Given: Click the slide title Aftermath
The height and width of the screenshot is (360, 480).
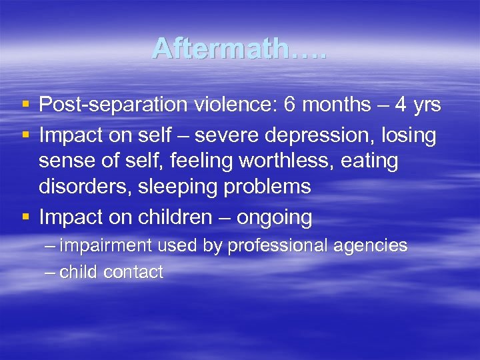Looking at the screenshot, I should coord(239,48).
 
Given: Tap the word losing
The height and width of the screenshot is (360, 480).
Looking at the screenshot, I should coord(407,135).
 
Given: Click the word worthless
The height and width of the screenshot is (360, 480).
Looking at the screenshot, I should coord(285,161).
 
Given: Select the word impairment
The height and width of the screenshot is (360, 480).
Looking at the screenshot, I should coord(107,246).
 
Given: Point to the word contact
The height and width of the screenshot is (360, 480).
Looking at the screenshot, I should coord(137,272).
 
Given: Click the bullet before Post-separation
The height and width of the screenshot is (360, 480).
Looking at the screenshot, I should coord(25,105).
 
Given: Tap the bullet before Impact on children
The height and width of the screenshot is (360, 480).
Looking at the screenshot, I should coord(25,217).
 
